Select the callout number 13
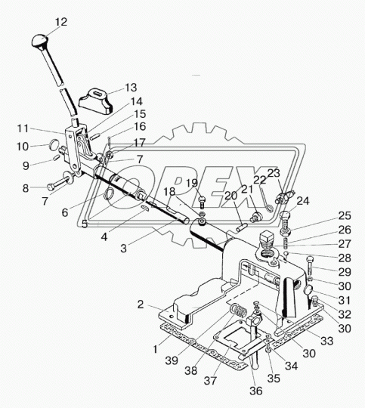131,88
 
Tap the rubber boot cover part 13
96,101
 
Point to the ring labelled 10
54,144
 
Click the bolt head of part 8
51,187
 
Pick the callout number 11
23,128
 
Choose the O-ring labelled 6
109,194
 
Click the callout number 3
123,249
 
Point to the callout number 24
303,201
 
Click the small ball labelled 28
286,254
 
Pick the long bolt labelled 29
310,266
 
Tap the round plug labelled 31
310,289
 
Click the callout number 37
210,380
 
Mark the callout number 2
141,304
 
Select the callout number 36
255,391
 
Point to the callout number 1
156,349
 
